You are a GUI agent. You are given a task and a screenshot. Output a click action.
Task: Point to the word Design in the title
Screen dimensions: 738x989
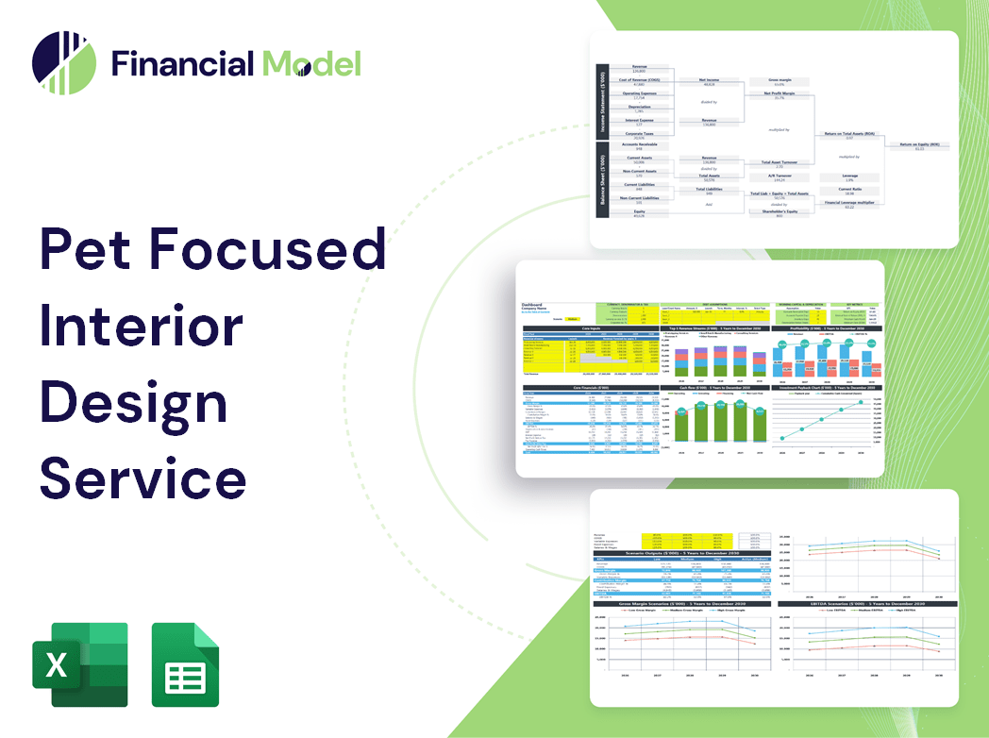[133, 403]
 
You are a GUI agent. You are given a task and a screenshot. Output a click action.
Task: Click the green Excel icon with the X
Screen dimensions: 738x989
[79, 664]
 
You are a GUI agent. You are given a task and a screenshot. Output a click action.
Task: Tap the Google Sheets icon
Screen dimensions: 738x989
[185, 664]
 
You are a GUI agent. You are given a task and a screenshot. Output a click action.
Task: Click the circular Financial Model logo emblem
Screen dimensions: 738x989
[64, 63]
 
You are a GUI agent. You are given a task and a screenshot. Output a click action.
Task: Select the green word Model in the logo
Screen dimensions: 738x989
[310, 63]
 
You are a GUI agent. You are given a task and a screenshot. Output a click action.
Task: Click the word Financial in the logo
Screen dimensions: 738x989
[182, 63]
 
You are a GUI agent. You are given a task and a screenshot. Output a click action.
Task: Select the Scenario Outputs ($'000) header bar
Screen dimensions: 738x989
[679, 551]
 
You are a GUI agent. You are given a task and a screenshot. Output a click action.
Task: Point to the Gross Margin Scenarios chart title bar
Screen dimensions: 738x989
[679, 602]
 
